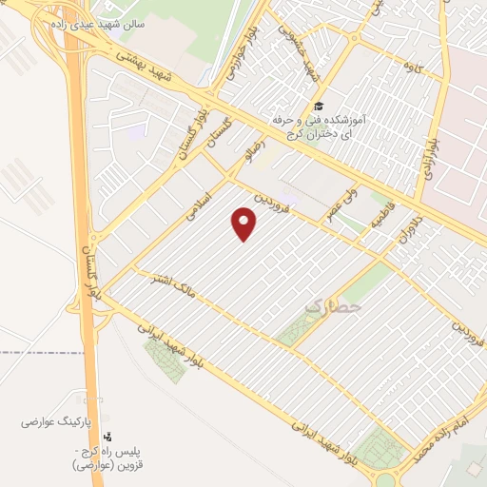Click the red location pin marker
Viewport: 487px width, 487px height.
click(x=244, y=224)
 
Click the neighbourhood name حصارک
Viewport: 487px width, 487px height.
click(x=335, y=307)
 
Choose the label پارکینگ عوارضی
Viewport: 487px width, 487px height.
click(x=62, y=419)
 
